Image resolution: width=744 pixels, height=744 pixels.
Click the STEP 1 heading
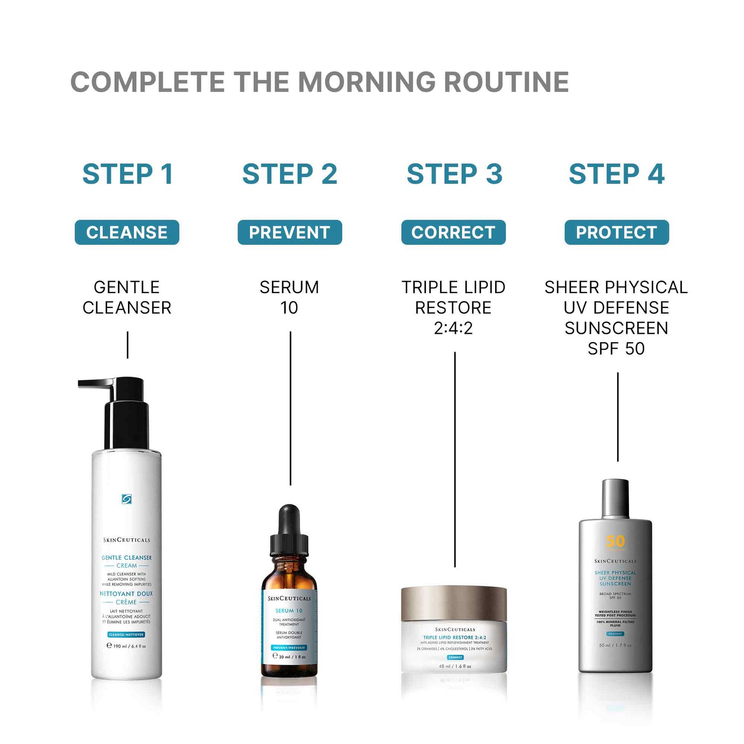(127, 174)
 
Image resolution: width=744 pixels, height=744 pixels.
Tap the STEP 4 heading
(617, 174)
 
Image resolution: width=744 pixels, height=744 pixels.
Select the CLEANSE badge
(127, 232)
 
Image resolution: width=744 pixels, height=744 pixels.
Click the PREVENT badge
(290, 232)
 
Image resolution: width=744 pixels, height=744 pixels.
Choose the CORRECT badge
(453, 232)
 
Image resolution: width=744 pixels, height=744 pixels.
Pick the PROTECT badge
(617, 232)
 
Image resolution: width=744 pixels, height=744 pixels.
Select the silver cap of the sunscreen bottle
(616, 498)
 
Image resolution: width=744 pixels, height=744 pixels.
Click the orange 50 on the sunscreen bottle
(616, 541)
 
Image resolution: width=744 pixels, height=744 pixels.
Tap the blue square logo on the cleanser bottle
(127, 499)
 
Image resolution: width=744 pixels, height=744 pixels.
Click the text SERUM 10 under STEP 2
(290, 297)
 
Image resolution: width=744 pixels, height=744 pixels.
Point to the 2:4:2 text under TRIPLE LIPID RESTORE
(453, 328)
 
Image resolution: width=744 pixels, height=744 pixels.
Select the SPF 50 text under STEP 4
(616, 348)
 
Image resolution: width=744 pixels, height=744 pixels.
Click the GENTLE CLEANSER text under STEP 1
(127, 297)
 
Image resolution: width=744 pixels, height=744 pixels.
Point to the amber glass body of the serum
(289, 575)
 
